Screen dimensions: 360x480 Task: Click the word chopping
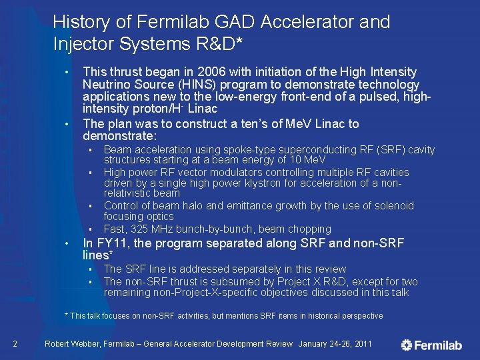tap(310, 229)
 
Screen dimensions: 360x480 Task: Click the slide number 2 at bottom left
tap(15, 344)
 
